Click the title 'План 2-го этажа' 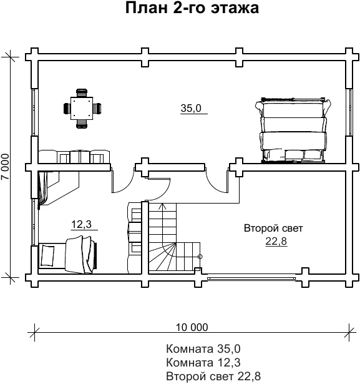(192, 8)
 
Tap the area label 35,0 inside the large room (191, 108)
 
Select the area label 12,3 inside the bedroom (81, 224)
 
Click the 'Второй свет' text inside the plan (273, 229)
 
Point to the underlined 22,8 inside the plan (276, 241)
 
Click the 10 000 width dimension (192, 327)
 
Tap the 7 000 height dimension (5, 167)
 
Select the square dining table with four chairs (82, 109)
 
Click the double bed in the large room (293, 130)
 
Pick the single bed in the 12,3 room (67, 255)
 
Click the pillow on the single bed (47, 255)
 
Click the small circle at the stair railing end (200, 257)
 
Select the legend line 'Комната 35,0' (203, 349)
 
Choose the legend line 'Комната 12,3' (203, 362)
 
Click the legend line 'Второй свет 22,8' (213, 376)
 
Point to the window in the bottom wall (251, 278)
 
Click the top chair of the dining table (82, 93)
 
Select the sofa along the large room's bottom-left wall (74, 157)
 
